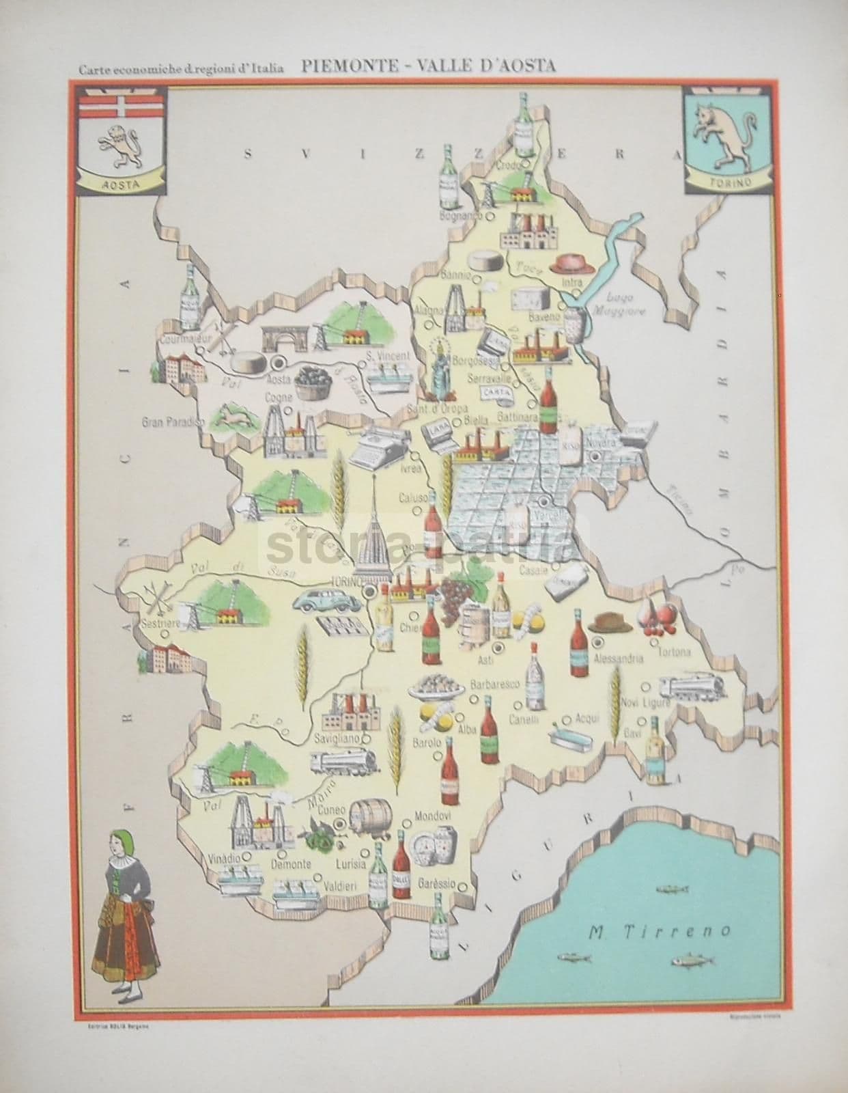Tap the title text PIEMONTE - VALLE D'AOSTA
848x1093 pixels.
(427, 66)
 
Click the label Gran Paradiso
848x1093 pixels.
(172, 422)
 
